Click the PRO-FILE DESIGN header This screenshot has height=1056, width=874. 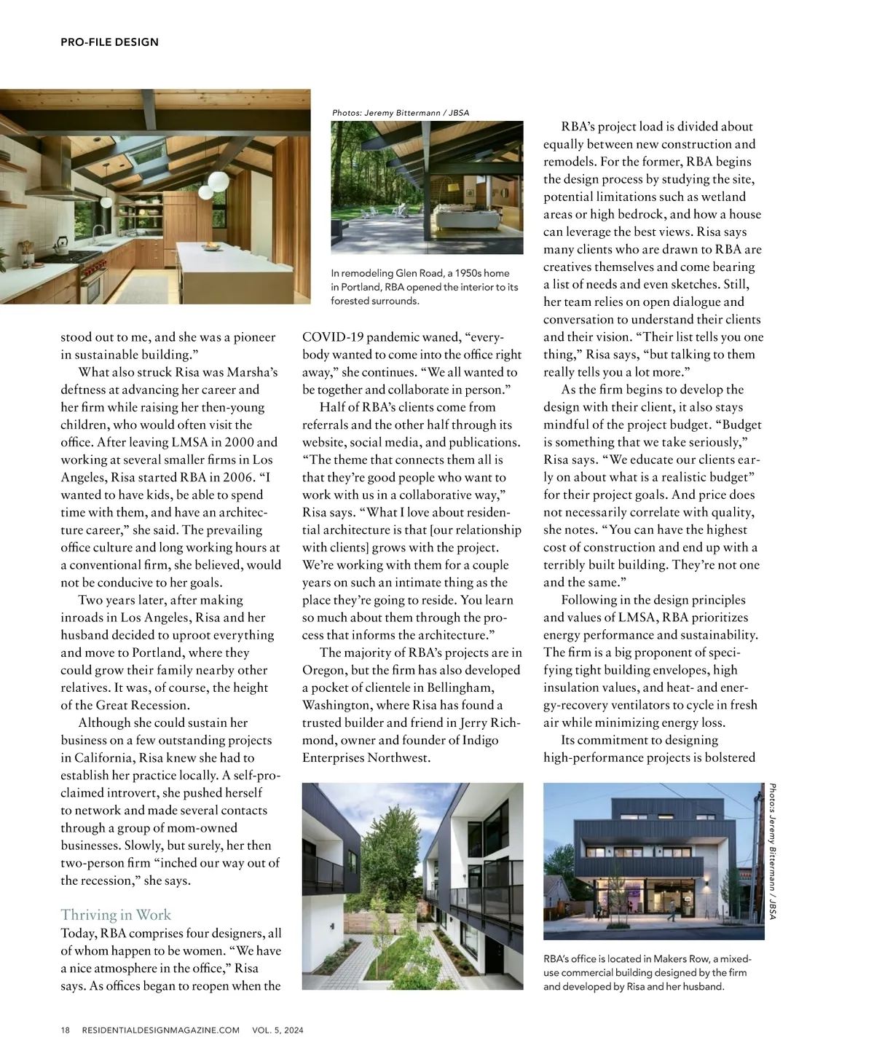click(x=109, y=42)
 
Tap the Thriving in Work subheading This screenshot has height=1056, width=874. click(x=116, y=915)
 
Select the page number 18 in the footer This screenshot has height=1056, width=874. click(x=66, y=1031)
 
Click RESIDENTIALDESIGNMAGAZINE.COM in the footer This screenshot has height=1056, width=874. click(x=161, y=1031)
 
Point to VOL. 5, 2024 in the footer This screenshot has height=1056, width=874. click(x=277, y=1031)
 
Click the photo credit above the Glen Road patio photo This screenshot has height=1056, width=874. click(x=401, y=113)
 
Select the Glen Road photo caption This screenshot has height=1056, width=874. click(x=425, y=287)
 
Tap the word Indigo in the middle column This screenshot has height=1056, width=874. click(x=481, y=740)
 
